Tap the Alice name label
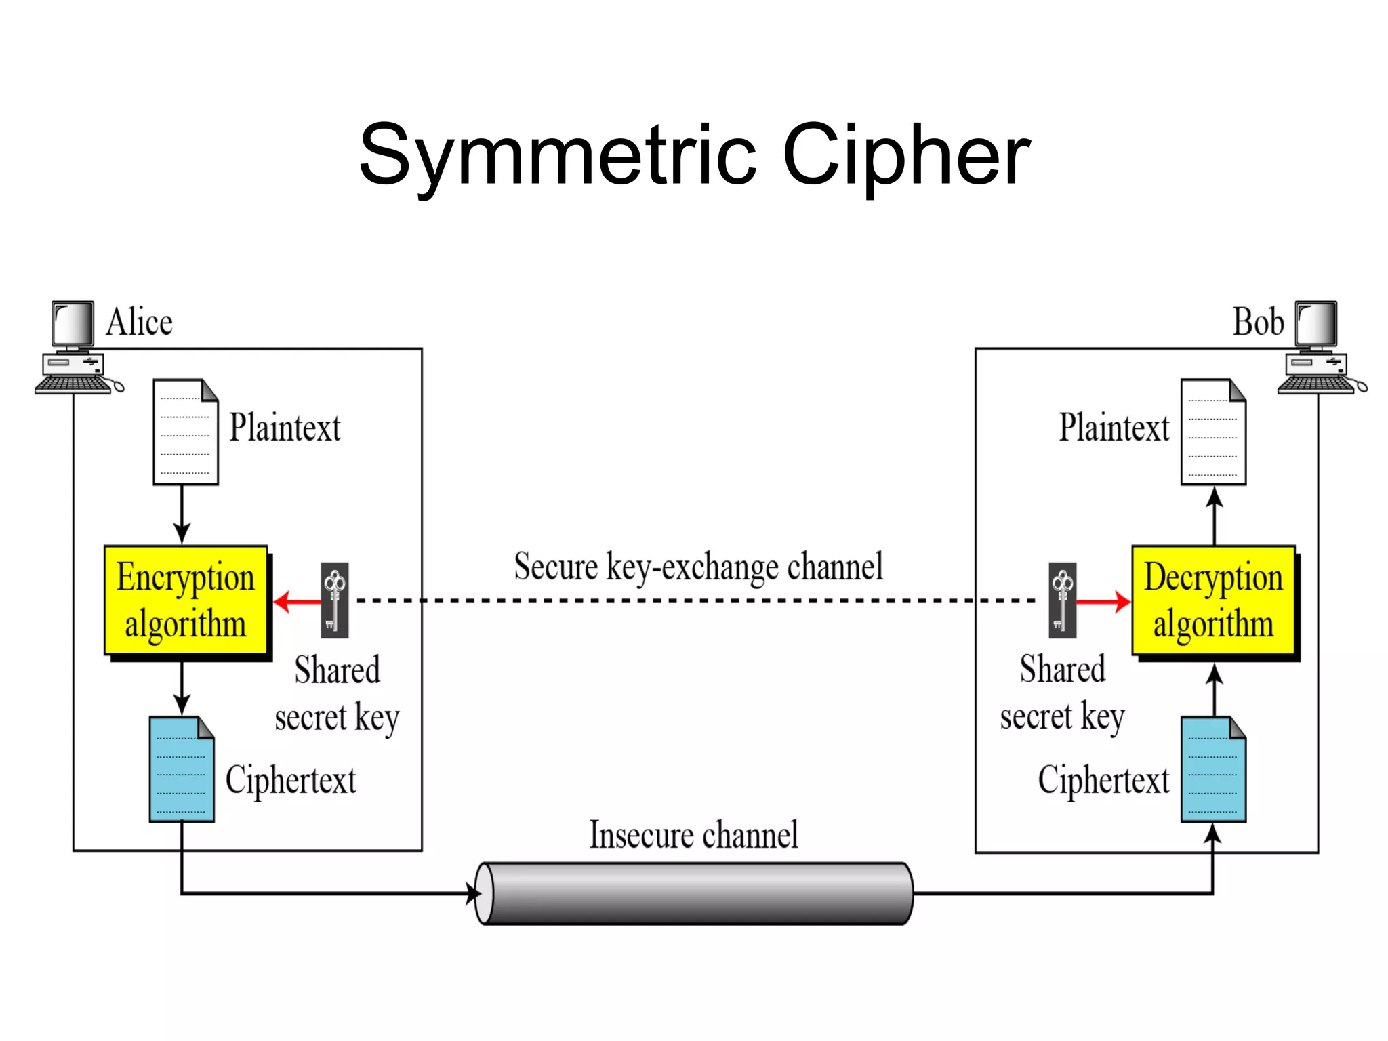click(x=139, y=322)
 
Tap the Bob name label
click(x=1258, y=322)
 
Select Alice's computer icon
click(x=75, y=347)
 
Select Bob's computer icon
click(x=1319, y=347)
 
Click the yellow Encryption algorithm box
click(x=186, y=600)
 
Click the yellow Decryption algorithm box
click(x=1213, y=600)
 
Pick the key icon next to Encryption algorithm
click(x=335, y=600)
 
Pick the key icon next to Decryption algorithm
click(x=1062, y=600)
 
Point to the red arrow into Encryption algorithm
click(x=297, y=601)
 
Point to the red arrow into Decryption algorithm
click(x=1103, y=601)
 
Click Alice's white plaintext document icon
click(x=185, y=432)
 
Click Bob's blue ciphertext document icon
click(x=1213, y=769)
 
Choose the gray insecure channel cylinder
click(x=694, y=893)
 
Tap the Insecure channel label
click(x=693, y=835)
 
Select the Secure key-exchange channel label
click(x=698, y=567)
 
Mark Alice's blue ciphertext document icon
click(x=182, y=769)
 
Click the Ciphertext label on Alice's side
click(x=290, y=780)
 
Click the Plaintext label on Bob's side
click(x=1114, y=428)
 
